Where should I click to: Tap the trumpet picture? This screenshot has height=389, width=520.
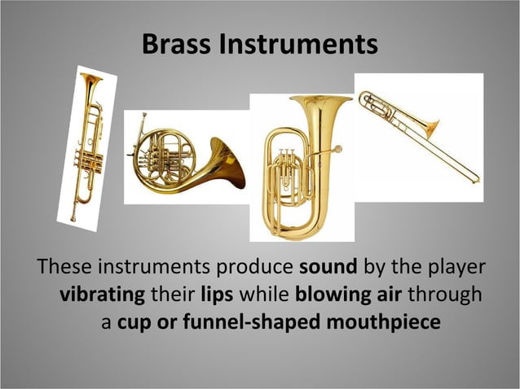tap(86, 146)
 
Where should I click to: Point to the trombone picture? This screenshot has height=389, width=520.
tap(418, 130)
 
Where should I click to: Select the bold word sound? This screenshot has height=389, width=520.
tap(326, 267)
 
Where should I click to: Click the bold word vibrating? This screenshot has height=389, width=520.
tap(102, 294)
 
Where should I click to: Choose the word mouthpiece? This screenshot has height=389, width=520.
tap(383, 321)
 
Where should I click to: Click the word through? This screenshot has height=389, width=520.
tap(444, 294)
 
